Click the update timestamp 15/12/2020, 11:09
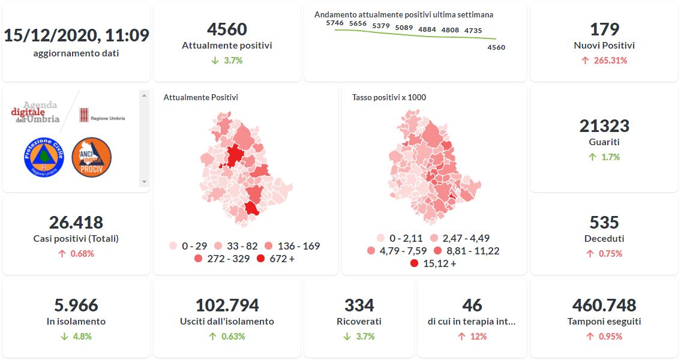click(76, 35)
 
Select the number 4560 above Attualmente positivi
click(227, 29)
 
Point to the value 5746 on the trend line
click(334, 23)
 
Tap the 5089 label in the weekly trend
click(404, 28)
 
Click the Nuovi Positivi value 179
click(604, 29)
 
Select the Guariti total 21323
click(604, 126)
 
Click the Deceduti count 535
click(604, 223)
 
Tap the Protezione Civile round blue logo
click(44, 157)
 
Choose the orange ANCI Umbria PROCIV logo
click(91, 157)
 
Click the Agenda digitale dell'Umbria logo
click(36, 112)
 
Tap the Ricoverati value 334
click(359, 305)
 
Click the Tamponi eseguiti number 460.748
click(604, 305)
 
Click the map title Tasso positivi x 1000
click(389, 97)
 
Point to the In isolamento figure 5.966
click(76, 305)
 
